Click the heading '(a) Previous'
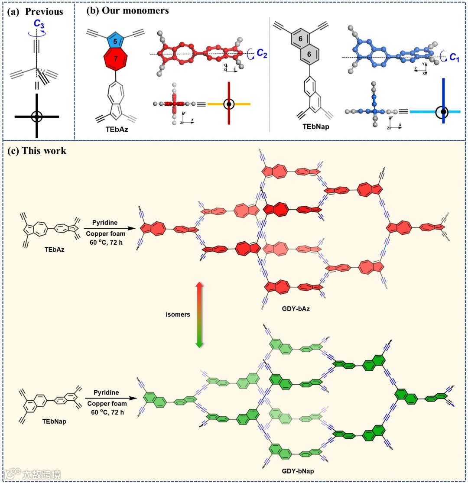coord(35,12)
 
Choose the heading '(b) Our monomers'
coord(127,11)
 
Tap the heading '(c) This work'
coord(37,150)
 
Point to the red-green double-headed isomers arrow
coord(199,315)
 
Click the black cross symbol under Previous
coord(37,116)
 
